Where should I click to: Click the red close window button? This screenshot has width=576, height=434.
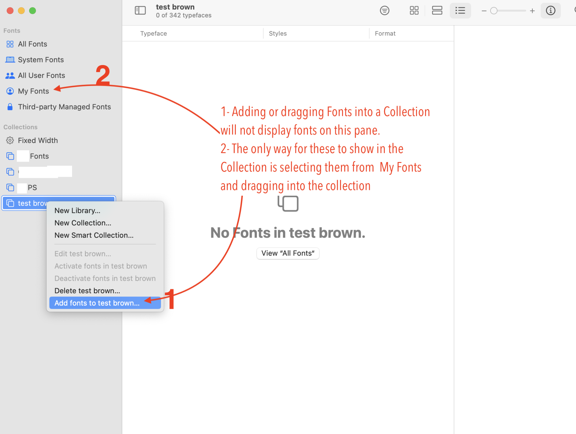click(x=10, y=11)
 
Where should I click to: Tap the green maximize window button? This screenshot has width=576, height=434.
click(x=33, y=11)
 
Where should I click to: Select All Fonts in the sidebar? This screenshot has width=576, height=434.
click(x=32, y=44)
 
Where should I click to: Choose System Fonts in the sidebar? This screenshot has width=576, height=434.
click(x=41, y=60)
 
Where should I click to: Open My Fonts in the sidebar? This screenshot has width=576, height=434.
click(x=33, y=91)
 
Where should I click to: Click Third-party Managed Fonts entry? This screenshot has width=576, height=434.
click(x=64, y=107)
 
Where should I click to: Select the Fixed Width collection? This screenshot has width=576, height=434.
click(x=38, y=140)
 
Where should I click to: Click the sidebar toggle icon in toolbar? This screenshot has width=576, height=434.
click(x=140, y=11)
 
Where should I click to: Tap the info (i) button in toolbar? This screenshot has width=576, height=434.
click(x=550, y=11)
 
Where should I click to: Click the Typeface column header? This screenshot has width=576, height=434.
click(x=154, y=33)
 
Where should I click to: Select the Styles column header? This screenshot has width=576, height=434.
click(x=278, y=33)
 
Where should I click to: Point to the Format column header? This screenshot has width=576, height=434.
click(x=385, y=33)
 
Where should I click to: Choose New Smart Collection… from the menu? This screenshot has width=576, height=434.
click(x=94, y=235)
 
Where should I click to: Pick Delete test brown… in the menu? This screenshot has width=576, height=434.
click(x=87, y=291)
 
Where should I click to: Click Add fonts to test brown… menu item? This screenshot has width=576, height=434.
click(x=97, y=303)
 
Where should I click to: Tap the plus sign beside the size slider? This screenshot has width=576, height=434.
click(x=532, y=11)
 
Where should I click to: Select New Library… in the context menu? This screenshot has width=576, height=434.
click(x=77, y=211)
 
